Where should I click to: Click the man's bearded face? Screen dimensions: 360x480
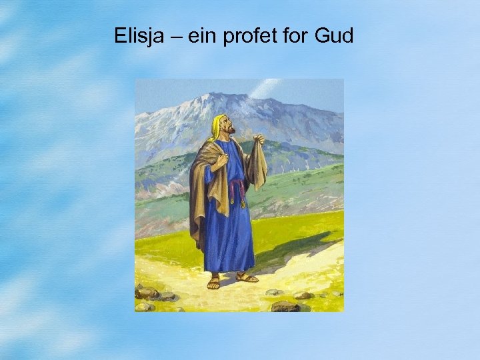point(227,127)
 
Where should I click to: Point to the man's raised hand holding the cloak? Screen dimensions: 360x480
point(259,139)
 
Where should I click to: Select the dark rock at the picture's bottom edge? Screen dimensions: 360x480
point(285,306)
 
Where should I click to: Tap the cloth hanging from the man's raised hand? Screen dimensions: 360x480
point(257,167)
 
